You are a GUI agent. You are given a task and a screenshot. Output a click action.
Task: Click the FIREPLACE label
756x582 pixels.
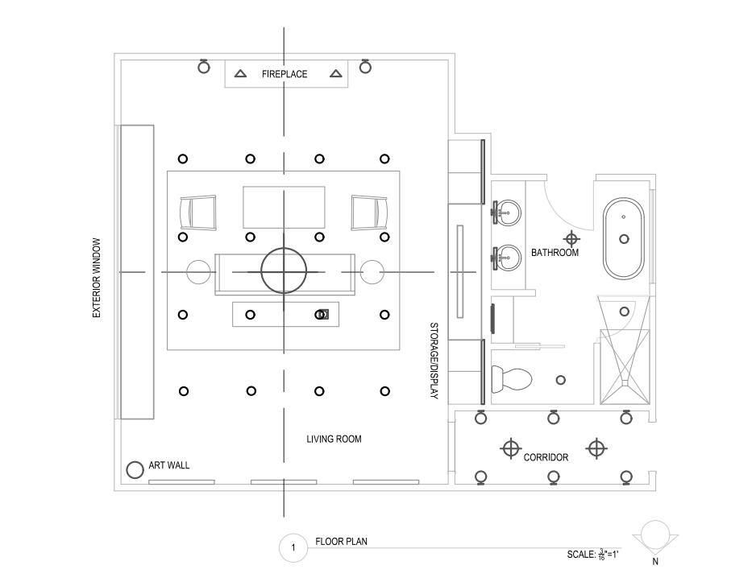click(x=285, y=74)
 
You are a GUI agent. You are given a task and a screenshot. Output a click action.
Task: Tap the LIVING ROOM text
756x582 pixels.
click(x=334, y=440)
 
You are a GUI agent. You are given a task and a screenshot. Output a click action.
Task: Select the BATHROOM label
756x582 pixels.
click(x=555, y=253)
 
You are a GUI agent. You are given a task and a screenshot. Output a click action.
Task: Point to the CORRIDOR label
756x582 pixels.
click(x=546, y=457)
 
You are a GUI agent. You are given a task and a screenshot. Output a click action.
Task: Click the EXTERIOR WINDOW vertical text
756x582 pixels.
click(x=97, y=278)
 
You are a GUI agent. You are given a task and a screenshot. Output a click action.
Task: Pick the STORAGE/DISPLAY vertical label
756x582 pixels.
click(x=433, y=361)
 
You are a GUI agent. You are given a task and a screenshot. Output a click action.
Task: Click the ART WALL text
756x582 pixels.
click(x=169, y=466)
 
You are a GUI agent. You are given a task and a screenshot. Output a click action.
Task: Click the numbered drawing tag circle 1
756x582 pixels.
click(x=293, y=549)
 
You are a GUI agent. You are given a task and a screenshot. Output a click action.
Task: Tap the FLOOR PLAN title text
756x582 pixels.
click(x=341, y=542)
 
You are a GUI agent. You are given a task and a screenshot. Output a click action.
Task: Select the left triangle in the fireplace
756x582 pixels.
click(x=240, y=74)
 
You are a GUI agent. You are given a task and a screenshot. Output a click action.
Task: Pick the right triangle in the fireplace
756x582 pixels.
click(x=336, y=74)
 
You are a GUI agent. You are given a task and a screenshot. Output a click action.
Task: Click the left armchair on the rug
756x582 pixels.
click(x=197, y=213)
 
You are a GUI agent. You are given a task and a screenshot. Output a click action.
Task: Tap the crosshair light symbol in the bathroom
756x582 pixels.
click(x=571, y=238)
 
